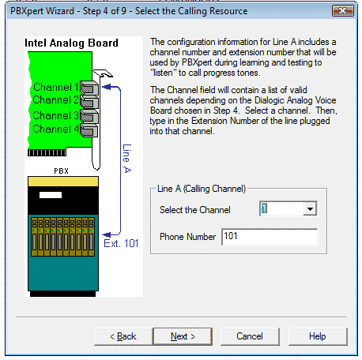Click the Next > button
[x=183, y=336]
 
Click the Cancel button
[x=250, y=336]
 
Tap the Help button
[x=318, y=336]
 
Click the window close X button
[x=343, y=11]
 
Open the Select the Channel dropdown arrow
[x=310, y=209]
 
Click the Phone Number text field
[x=270, y=237]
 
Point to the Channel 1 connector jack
[x=89, y=88]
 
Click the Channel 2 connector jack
[x=89, y=102]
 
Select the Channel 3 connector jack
[x=89, y=116]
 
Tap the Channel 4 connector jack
[x=89, y=130]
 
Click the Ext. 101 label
[x=121, y=244]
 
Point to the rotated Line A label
[x=127, y=159]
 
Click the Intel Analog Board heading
[x=71, y=43]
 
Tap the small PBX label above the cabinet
[x=62, y=171]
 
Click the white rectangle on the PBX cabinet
[x=51, y=195]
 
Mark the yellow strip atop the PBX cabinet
[x=63, y=182]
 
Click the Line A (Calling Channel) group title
[x=202, y=189]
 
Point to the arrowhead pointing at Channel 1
[x=107, y=87]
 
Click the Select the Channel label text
[x=195, y=210]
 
